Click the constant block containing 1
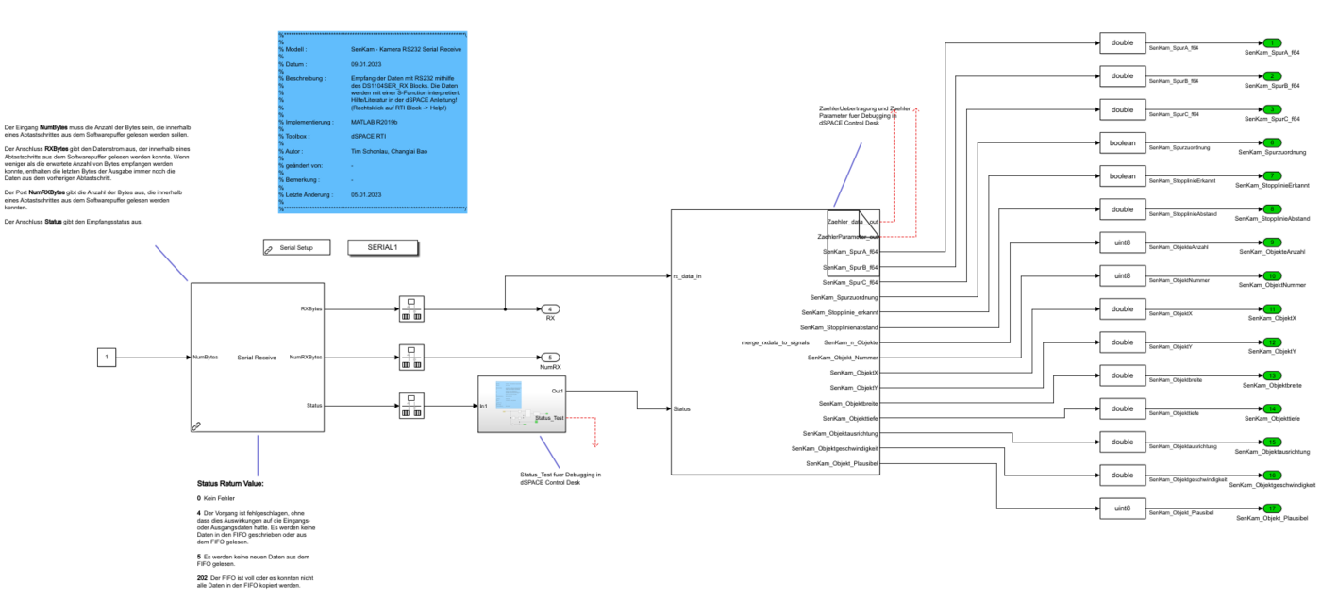[107, 358]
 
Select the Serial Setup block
[295, 247]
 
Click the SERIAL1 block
[383, 247]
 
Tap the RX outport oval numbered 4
[549, 308]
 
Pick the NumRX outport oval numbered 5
[549, 358]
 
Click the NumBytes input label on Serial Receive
[206, 358]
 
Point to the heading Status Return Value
[230, 484]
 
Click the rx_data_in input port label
[686, 276]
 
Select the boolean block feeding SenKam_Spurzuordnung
[1121, 143]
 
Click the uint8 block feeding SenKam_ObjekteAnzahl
[1121, 242]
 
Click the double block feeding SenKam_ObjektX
[1121, 308]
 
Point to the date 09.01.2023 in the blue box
[364, 63]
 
